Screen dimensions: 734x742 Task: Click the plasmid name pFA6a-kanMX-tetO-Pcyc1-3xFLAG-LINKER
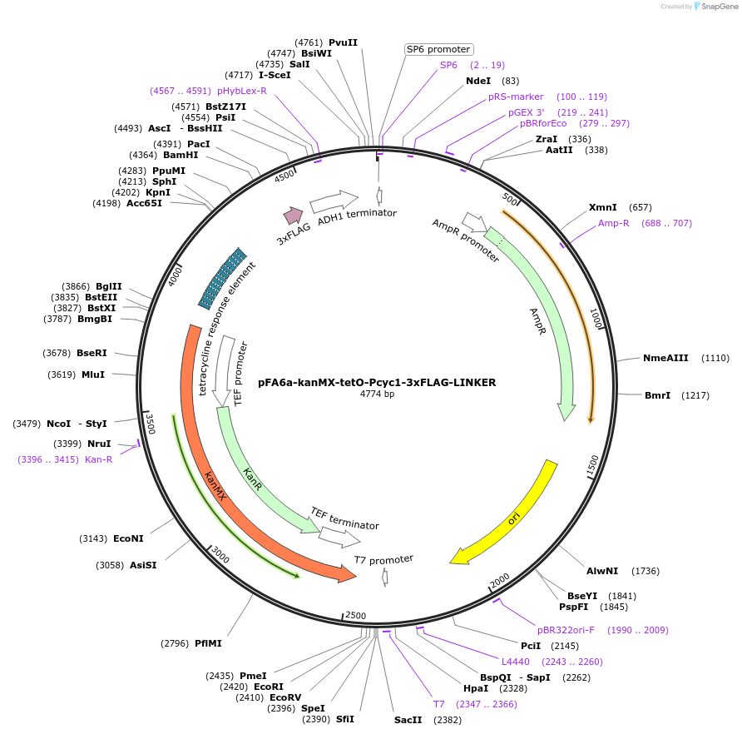coord(376,383)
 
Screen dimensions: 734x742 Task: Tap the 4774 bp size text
coord(377,394)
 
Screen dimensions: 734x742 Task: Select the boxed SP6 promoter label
coord(438,49)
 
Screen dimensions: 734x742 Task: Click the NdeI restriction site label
coord(479,81)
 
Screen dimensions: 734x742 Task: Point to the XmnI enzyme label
coord(603,207)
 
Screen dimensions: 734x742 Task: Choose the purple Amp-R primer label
coord(614,223)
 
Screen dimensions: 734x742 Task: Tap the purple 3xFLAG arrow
coord(293,216)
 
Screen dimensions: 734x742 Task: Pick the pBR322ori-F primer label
coord(566,630)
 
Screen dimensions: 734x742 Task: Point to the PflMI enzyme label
coord(208,643)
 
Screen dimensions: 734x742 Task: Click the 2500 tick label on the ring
coord(355,615)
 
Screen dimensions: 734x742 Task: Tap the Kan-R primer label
coord(98,459)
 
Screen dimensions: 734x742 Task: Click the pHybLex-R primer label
coord(242,91)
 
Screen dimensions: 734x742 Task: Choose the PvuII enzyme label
coord(343,42)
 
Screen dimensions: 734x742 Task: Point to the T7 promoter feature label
coord(383,560)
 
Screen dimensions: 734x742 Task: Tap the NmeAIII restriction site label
coord(665,358)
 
